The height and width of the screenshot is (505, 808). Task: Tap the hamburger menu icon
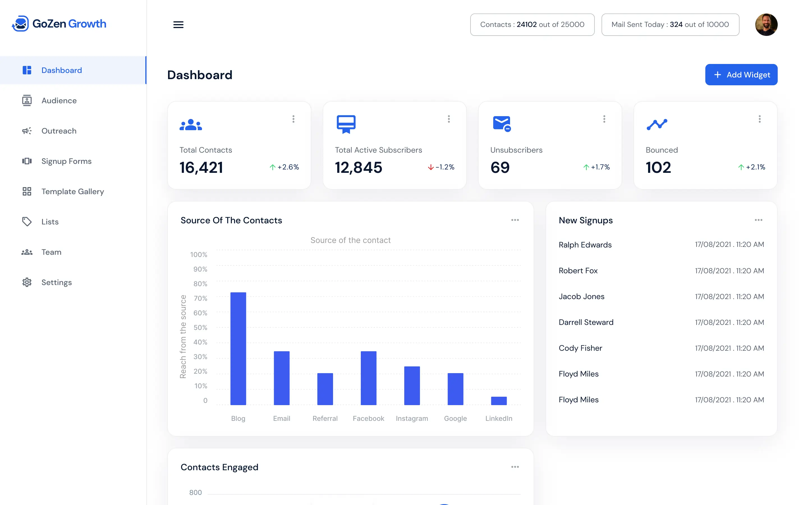178,25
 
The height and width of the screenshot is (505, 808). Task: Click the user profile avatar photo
766,25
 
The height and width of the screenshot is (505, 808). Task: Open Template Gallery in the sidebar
72,191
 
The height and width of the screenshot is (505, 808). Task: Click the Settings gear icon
27,282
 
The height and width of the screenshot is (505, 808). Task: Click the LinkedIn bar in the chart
499,401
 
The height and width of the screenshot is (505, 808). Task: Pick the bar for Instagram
412,385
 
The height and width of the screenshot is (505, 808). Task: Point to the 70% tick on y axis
200,298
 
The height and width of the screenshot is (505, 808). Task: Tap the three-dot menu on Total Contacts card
293,119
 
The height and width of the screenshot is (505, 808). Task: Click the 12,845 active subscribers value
358,167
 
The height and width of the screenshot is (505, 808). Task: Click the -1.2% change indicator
441,167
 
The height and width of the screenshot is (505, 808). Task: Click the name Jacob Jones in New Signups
581,296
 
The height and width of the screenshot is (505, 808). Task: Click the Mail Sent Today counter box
670,25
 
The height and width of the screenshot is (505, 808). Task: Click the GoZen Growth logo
59,24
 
